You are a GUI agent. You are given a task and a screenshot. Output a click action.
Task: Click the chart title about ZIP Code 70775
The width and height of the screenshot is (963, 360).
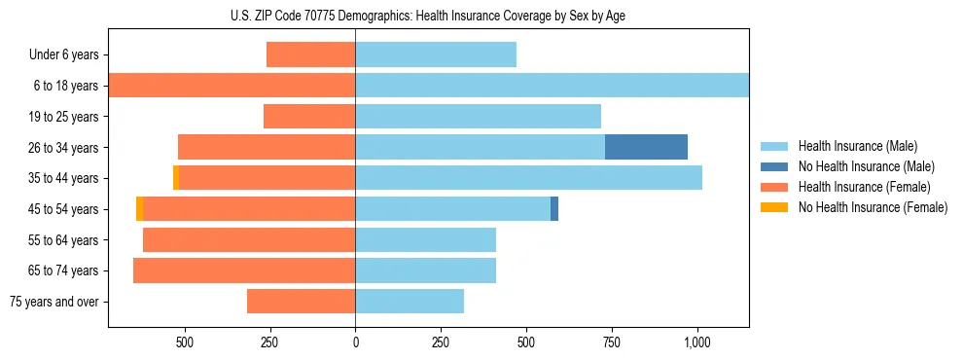click(x=428, y=17)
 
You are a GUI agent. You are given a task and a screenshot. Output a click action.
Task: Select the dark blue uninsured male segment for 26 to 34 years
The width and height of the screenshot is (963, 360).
click(x=646, y=147)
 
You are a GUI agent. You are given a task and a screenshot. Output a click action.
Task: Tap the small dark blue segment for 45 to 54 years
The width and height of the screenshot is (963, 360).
click(x=554, y=209)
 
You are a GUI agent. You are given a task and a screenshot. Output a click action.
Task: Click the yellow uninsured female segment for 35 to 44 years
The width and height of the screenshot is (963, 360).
click(x=176, y=178)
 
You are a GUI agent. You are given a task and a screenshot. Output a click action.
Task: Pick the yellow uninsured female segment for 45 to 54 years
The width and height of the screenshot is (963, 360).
click(x=140, y=209)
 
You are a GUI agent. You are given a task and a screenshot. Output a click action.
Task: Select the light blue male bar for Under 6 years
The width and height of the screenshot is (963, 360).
click(x=436, y=54)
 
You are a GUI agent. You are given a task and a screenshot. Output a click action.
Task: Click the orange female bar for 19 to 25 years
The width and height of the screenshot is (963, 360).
click(x=309, y=117)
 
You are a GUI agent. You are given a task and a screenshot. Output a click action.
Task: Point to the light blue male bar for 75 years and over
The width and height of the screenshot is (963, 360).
click(x=410, y=302)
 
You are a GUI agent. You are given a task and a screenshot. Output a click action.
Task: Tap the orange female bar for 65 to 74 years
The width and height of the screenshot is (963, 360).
click(x=244, y=270)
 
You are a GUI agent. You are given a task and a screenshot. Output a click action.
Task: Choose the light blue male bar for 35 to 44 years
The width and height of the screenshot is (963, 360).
click(x=528, y=178)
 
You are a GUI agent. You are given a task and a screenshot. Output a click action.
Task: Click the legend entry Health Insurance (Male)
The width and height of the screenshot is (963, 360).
click(x=857, y=146)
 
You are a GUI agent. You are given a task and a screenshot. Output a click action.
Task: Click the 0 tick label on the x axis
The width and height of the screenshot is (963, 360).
click(x=355, y=342)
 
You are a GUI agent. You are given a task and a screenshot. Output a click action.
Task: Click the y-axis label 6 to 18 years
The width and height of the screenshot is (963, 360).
click(x=65, y=86)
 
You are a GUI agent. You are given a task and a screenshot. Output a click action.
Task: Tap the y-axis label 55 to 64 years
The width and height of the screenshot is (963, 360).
click(x=63, y=240)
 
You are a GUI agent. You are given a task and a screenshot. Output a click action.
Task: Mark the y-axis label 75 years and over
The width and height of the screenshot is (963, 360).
click(x=54, y=302)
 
